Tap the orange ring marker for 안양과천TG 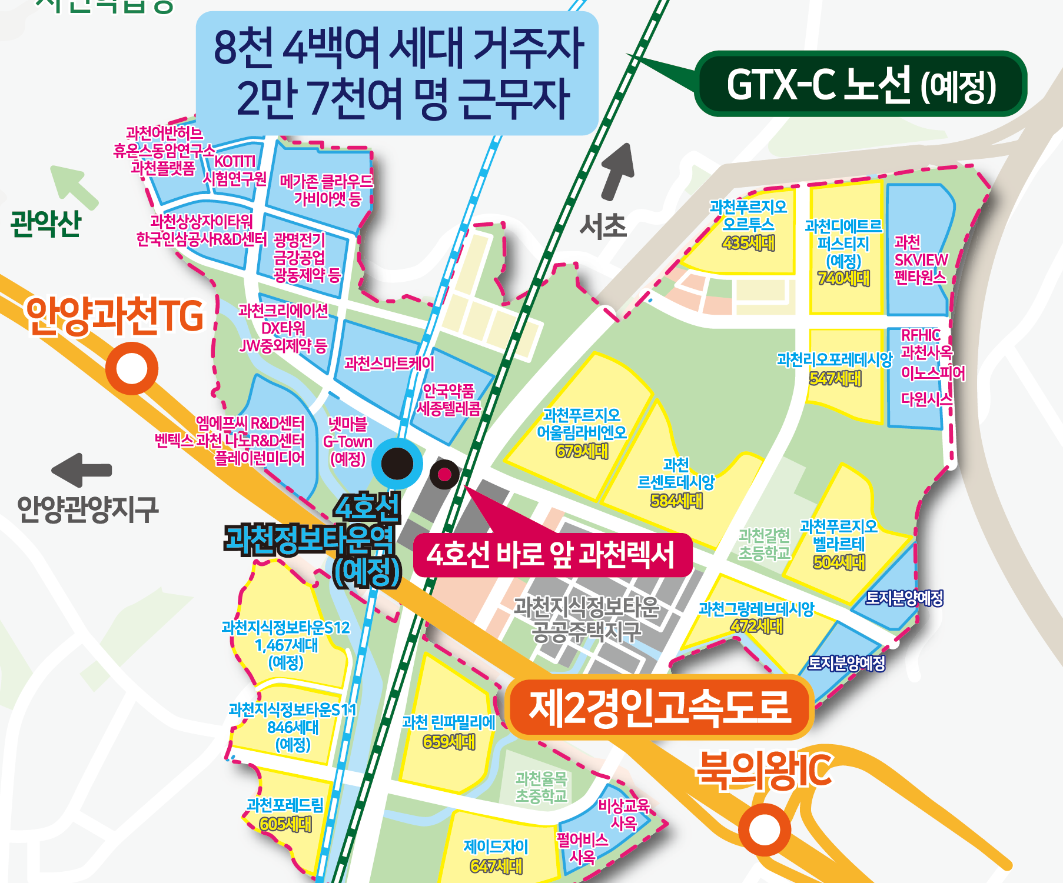click(x=132, y=368)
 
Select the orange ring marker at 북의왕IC click(x=764, y=829)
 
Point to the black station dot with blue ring click(x=397, y=463)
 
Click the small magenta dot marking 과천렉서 click(x=444, y=474)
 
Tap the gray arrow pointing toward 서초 click(x=618, y=171)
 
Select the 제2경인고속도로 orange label click(x=659, y=708)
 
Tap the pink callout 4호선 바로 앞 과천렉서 click(x=552, y=555)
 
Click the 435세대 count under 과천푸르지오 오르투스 click(x=748, y=243)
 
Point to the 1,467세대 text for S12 click(x=286, y=645)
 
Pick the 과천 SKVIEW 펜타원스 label click(x=921, y=259)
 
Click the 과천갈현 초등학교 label click(x=764, y=544)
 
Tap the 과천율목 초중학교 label click(x=541, y=787)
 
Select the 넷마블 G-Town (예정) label click(x=348, y=441)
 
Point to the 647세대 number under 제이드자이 click(x=496, y=865)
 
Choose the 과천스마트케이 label click(x=389, y=364)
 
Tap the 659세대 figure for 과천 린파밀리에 click(x=449, y=741)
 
